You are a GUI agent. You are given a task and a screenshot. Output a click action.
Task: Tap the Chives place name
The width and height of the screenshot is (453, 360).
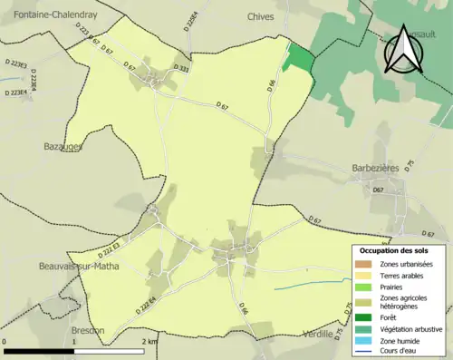coord(260,15)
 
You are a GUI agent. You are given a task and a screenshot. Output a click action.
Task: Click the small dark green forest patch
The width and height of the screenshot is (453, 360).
coord(300,58)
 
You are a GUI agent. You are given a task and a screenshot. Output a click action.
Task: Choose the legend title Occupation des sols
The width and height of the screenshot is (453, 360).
coord(394,250)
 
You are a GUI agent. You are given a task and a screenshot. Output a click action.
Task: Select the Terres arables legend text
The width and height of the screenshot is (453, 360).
coord(405,275)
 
